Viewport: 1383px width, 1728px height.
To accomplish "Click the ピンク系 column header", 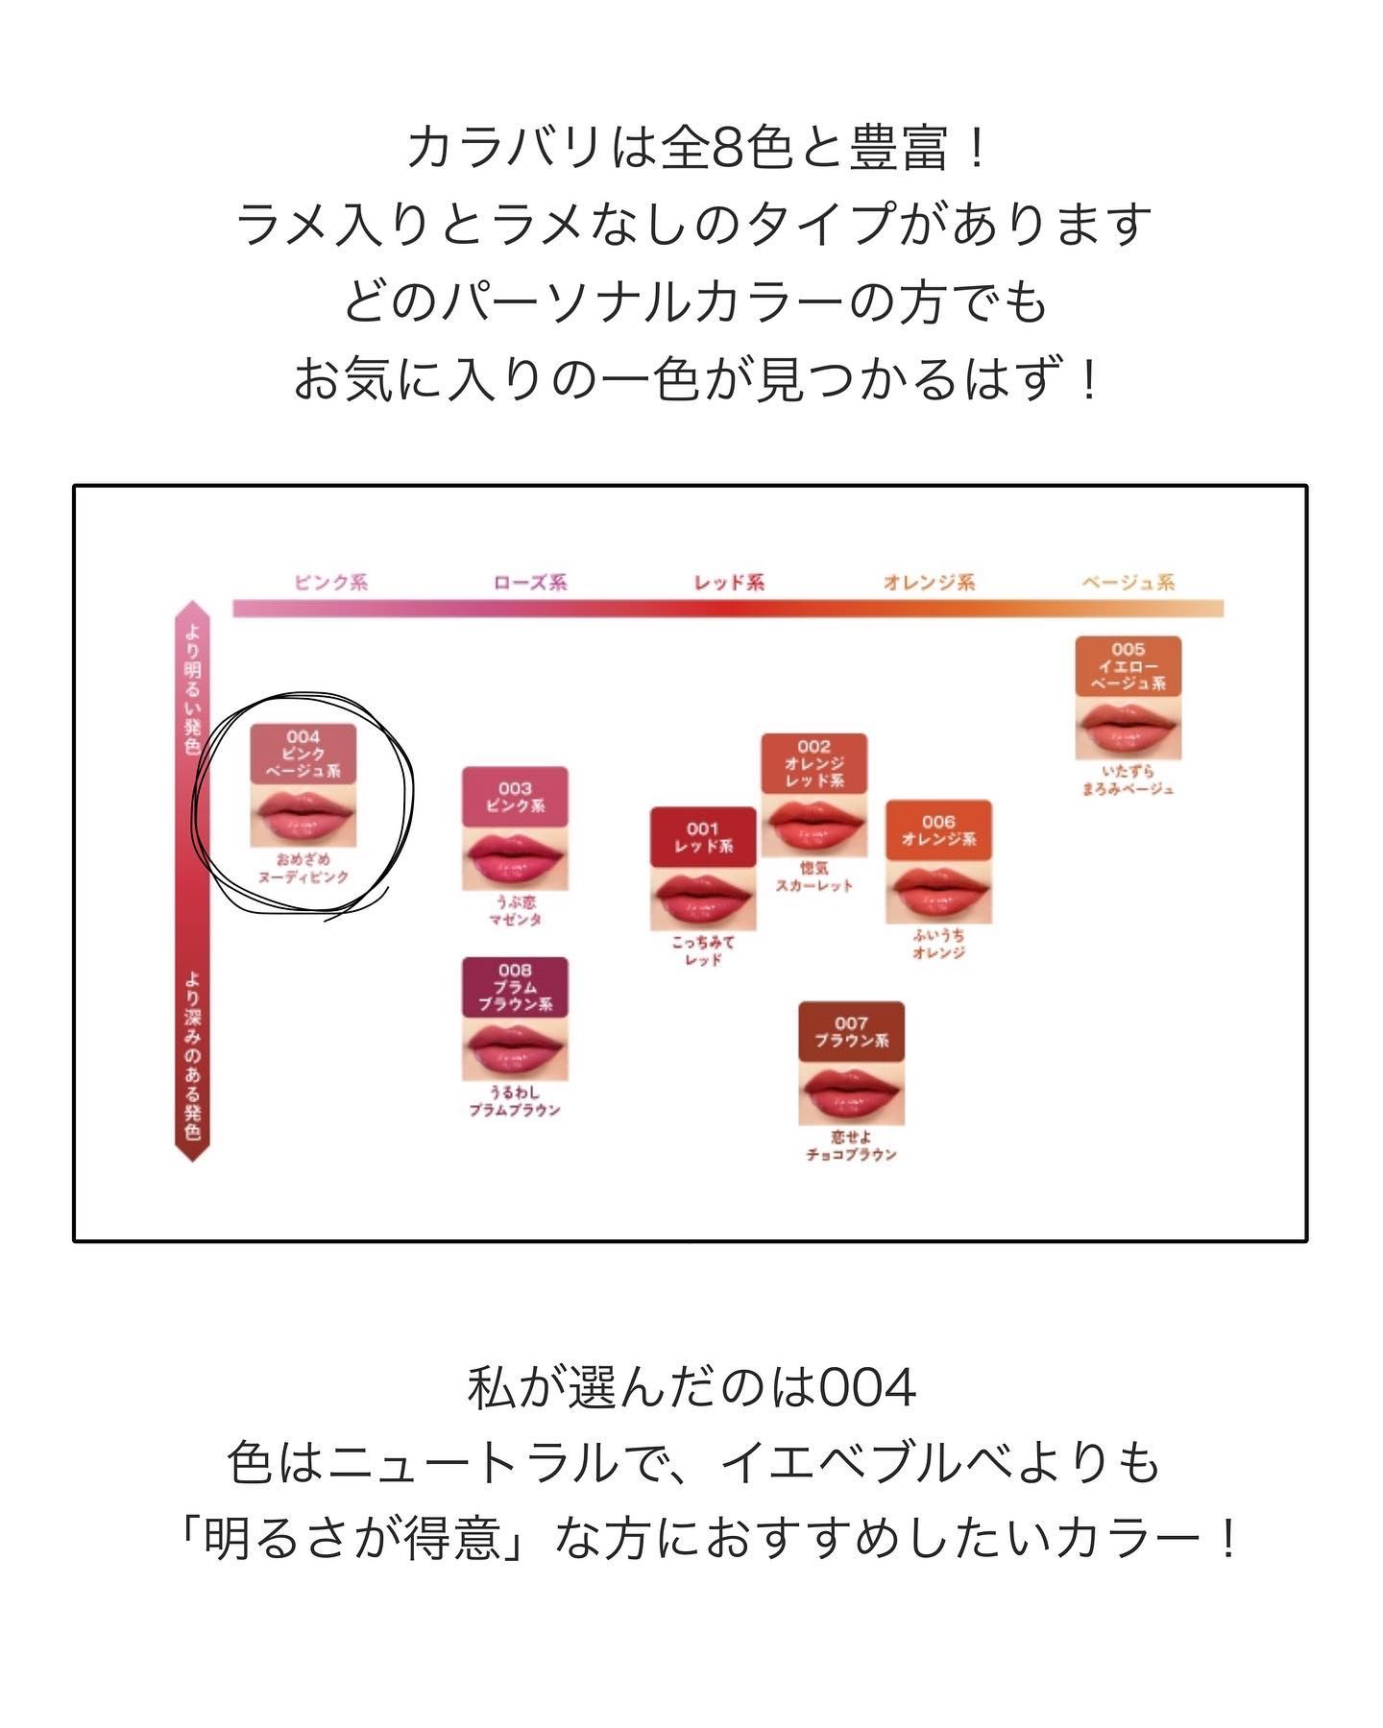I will [x=330, y=582].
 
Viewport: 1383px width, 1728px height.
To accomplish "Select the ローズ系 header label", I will [x=530, y=582].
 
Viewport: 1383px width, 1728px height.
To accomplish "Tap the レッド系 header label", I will [x=729, y=582].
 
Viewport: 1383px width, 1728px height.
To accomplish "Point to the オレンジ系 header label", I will [x=929, y=582].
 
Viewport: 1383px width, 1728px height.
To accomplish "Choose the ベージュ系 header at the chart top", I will [x=1128, y=582].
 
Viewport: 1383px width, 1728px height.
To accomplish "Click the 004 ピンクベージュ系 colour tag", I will [x=303, y=754].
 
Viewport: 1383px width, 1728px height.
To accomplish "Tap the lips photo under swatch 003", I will [x=515, y=858].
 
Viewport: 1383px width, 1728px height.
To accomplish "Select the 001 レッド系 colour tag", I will [x=703, y=837].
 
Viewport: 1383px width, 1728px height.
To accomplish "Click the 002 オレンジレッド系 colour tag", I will [x=813, y=763].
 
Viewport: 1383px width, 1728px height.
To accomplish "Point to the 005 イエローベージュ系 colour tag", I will [x=1128, y=666].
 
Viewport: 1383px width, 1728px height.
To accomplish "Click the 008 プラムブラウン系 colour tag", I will [x=515, y=987].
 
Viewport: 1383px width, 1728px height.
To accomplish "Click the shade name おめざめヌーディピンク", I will [x=303, y=869].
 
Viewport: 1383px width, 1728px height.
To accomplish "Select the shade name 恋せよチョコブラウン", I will [x=851, y=1145].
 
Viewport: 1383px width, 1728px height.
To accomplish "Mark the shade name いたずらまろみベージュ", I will [x=1128, y=780].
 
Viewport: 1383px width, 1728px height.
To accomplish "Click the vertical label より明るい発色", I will [x=193, y=687].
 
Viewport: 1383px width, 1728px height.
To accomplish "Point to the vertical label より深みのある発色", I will [x=193, y=1056].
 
